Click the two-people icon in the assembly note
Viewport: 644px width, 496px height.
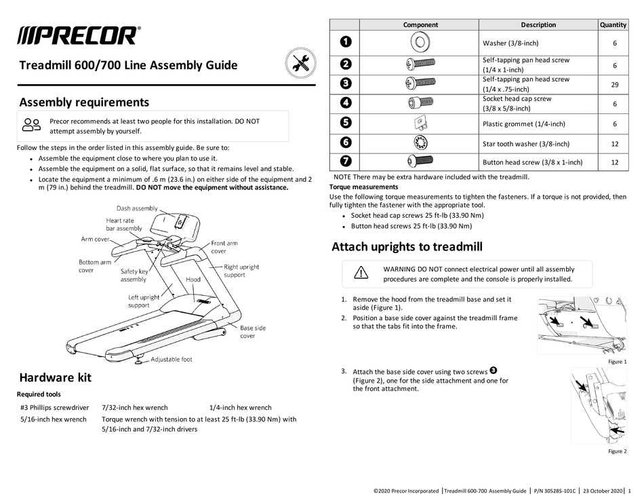pos(31,125)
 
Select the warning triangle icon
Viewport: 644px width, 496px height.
pos(361,273)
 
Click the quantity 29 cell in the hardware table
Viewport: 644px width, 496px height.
pos(613,85)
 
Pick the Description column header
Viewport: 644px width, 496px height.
pos(538,24)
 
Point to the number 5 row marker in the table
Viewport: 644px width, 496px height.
pos(346,123)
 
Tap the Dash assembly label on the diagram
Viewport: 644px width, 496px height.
pos(137,209)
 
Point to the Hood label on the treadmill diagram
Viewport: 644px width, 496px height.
pos(193,280)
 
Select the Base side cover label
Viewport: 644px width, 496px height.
pos(253,332)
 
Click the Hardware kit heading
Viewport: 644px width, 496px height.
pos(55,378)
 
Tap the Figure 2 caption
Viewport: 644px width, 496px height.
pos(616,451)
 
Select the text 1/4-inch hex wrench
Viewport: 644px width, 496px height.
pos(241,408)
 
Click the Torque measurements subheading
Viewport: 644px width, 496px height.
pos(363,187)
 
